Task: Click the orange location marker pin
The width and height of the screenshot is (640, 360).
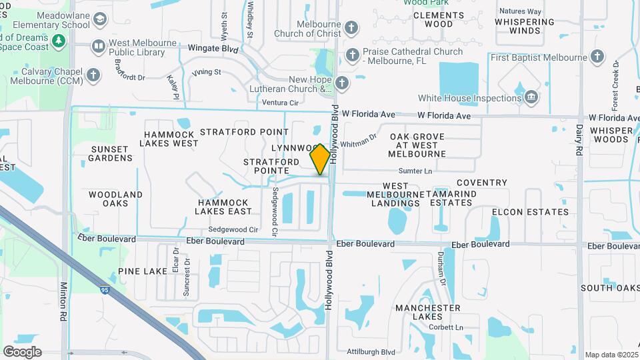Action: click(320, 159)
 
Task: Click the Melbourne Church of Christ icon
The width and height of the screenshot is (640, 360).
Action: click(351, 28)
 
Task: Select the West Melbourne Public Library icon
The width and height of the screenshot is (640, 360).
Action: click(98, 46)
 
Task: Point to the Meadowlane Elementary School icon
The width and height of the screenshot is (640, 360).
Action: click(99, 19)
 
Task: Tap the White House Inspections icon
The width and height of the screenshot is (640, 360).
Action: click(531, 97)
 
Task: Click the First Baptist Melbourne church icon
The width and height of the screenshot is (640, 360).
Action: click(598, 57)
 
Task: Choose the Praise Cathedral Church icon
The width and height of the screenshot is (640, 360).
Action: click(351, 53)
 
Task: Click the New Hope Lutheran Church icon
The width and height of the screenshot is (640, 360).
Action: click(342, 83)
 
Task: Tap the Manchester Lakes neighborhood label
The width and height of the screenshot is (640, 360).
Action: click(427, 312)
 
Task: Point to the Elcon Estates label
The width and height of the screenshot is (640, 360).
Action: click(531, 212)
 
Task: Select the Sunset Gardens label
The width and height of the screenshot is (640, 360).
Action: click(111, 153)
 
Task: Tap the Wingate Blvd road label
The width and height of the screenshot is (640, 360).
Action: click(211, 49)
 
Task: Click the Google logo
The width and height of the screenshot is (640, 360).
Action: click(22, 351)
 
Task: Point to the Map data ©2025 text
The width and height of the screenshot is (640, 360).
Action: click(611, 355)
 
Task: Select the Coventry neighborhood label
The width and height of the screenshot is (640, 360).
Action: click(482, 183)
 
